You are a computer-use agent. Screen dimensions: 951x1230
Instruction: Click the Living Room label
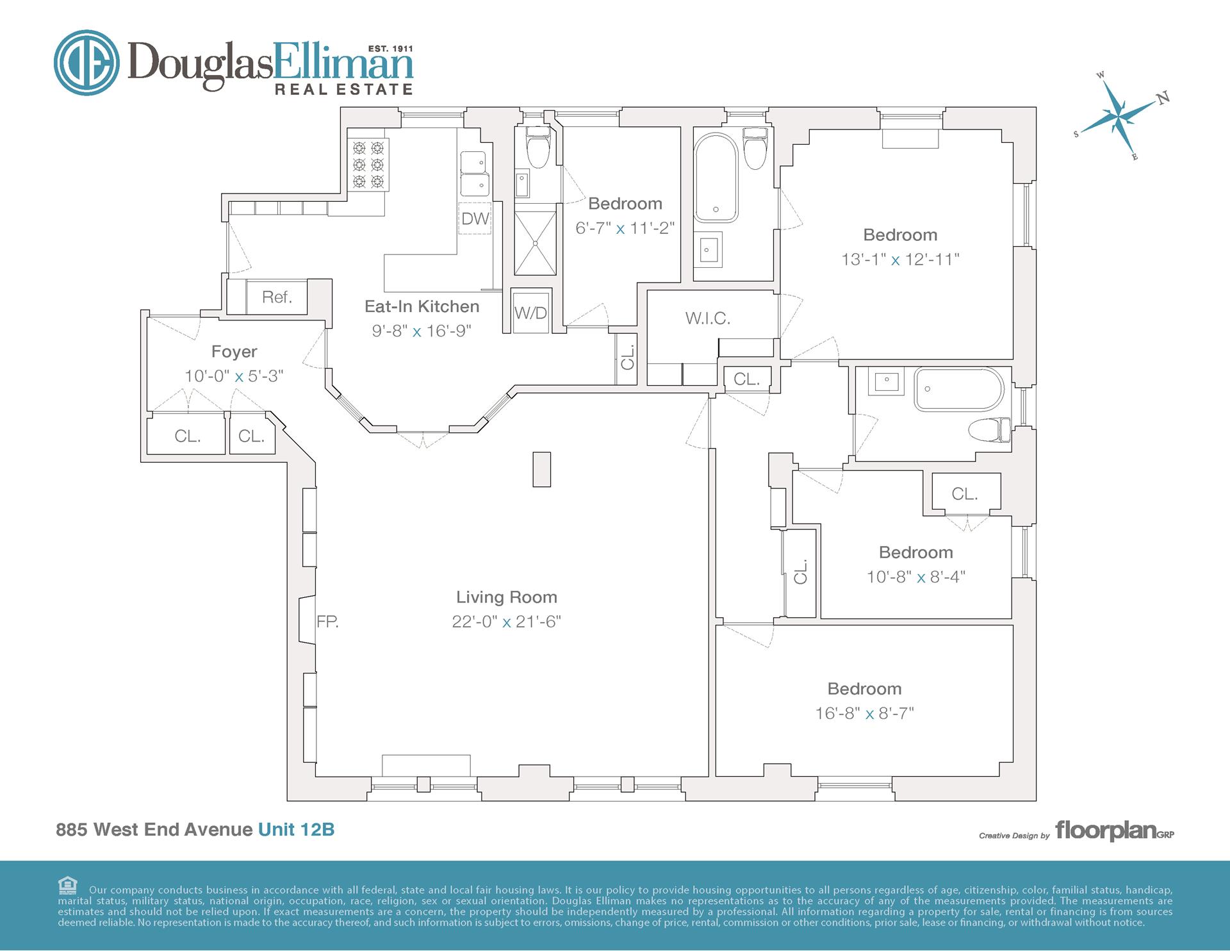(x=506, y=597)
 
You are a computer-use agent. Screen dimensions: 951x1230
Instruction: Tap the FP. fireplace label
(x=327, y=621)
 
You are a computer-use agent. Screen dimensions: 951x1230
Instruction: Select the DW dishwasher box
(x=475, y=219)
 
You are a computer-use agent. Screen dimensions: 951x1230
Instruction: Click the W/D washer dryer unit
(x=530, y=313)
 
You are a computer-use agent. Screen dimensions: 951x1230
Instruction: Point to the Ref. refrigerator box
(x=276, y=297)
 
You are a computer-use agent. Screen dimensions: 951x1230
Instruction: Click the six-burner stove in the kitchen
(x=368, y=165)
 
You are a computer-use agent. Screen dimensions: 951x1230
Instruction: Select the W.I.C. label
(x=707, y=318)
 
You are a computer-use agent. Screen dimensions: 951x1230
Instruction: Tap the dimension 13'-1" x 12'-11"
(x=900, y=260)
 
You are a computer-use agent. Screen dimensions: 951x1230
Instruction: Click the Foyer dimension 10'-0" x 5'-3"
(x=234, y=376)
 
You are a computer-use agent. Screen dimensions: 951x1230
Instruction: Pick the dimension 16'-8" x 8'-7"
(x=864, y=713)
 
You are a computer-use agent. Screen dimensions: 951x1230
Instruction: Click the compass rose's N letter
(x=1163, y=97)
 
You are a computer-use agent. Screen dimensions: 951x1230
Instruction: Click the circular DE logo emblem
(x=86, y=63)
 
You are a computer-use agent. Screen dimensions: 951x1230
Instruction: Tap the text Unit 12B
(x=296, y=829)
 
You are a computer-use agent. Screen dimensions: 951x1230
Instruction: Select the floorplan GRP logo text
(x=1114, y=831)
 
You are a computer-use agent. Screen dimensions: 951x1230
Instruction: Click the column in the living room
(x=541, y=469)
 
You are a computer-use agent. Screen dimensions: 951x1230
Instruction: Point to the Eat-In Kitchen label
(x=422, y=306)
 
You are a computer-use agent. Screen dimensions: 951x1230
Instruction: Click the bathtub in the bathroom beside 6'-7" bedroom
(x=716, y=177)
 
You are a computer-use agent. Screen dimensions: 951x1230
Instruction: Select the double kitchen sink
(x=475, y=174)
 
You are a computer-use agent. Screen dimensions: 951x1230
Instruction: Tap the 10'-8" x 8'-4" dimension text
(x=915, y=577)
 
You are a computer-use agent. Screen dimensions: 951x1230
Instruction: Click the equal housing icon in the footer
(x=67, y=886)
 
